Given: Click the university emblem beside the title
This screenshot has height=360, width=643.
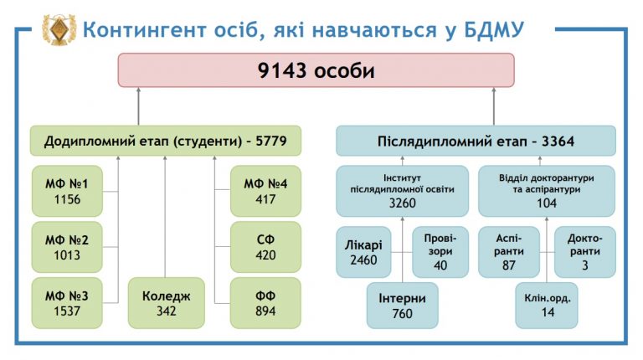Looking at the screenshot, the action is point(59,29).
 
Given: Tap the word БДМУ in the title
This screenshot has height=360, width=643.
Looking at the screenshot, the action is point(494,30).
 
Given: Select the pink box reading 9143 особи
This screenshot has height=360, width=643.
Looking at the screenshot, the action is point(316,70).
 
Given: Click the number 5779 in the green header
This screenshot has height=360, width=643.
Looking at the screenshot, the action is point(271,141).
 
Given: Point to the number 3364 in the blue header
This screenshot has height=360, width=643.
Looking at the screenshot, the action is point(558,141).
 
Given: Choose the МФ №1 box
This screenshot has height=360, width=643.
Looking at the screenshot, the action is point(67,191).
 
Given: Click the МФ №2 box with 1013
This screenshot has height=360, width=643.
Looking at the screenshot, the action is point(67,247).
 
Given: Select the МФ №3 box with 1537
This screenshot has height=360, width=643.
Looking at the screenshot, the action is point(67,303).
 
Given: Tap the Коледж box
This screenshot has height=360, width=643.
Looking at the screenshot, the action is point(167,303).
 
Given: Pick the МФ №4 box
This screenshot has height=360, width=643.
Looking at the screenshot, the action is point(265,191).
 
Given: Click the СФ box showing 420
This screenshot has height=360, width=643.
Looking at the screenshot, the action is point(265,247).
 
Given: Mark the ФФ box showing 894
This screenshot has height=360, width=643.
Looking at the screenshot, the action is point(265,303).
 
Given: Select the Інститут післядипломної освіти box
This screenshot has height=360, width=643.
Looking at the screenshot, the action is point(402,191).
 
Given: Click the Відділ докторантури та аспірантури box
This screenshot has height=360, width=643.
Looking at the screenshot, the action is point(547,191).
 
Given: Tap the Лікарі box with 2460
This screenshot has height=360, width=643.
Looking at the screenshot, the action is point(363,252).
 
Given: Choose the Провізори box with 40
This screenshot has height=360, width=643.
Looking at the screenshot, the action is point(440,252).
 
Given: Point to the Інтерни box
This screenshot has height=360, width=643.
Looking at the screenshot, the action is point(402,306).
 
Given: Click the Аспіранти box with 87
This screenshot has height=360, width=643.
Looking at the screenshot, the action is point(509,252).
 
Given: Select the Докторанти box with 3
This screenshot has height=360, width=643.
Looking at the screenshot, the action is point(585,252).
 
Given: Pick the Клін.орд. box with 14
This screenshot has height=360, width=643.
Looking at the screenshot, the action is point(547,306).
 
